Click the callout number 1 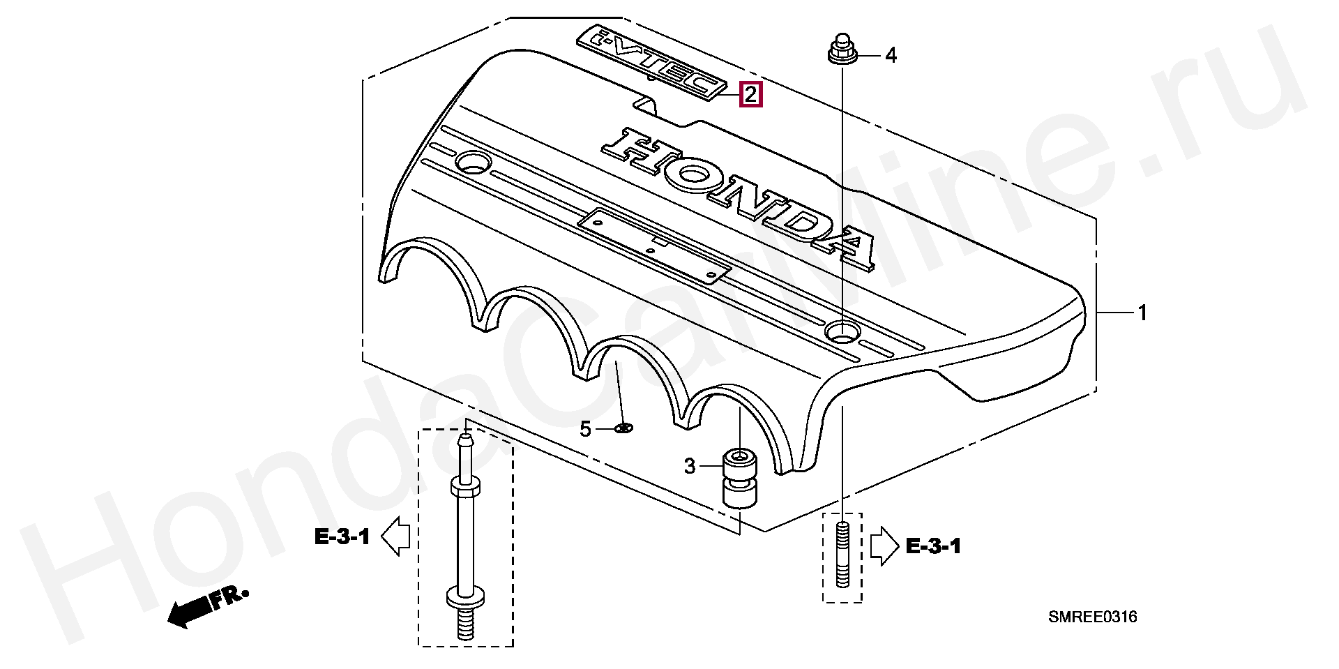[x=1142, y=313]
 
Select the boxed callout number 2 [x=750, y=93]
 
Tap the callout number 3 [x=690, y=466]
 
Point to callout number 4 [x=891, y=55]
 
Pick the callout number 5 [x=586, y=429]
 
